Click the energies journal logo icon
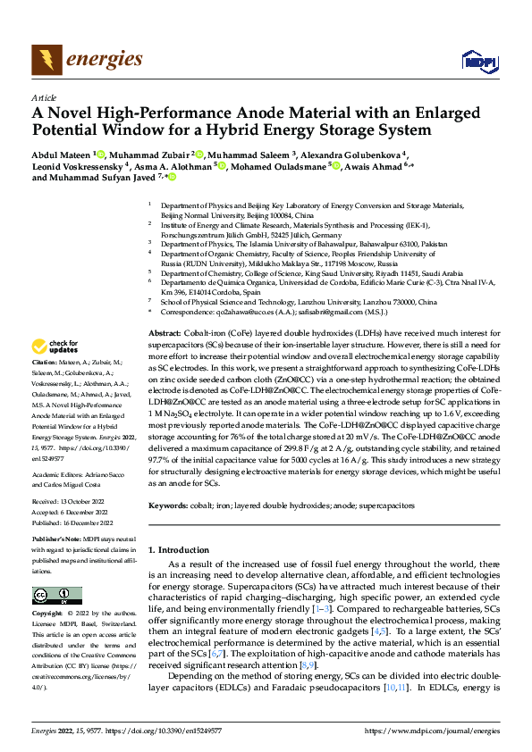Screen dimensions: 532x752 click(x=43, y=60)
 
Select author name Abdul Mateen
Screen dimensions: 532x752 click(x=61, y=154)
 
